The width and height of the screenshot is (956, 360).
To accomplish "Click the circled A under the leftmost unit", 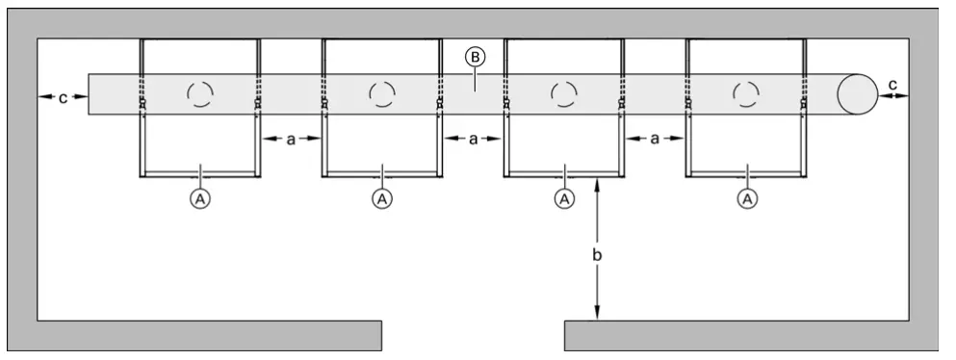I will pos(200,198).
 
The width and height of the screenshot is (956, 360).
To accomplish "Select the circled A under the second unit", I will pos(382,198).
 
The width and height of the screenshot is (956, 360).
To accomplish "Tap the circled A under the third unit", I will pos(564,198).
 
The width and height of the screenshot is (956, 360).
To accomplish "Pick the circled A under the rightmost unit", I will pos(746,198).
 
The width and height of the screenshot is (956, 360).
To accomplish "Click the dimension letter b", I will pos(598,255).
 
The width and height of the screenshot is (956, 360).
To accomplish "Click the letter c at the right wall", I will pos(892,85).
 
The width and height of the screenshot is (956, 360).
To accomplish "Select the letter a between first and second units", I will pos(291,140).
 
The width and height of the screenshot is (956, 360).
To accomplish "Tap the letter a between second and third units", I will pos(473,140).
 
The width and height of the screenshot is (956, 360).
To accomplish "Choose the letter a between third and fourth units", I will pos(655,140).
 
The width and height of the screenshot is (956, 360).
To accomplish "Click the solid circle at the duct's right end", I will pos(856,94).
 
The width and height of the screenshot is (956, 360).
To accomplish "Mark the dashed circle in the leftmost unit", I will pos(200,93).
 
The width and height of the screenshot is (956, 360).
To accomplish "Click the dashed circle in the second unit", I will pos(382,93).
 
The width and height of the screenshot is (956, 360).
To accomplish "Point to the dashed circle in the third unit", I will pos(564,93).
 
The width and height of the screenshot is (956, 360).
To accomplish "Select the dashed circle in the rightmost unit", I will pos(746,93).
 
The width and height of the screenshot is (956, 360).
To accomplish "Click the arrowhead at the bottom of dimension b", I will pos(598,314).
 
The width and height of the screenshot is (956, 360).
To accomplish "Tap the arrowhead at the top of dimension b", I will pos(598,184).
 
